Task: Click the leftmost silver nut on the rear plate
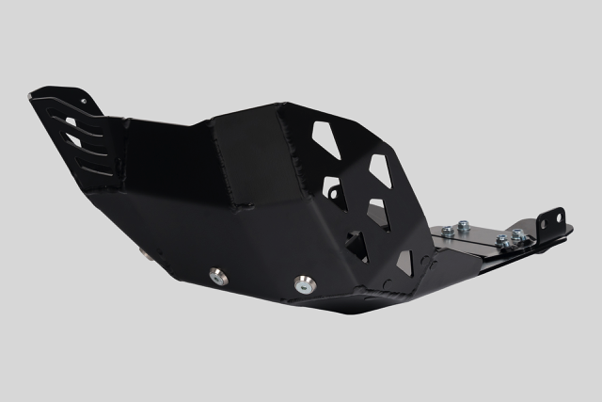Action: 448,231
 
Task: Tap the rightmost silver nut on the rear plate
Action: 518,234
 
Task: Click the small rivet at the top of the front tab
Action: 84,99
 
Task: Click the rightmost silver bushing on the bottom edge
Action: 305,283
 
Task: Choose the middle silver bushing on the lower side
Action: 217,277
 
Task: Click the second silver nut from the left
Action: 464,226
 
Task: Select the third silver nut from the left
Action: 503,241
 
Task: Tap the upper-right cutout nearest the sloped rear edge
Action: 379,169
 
